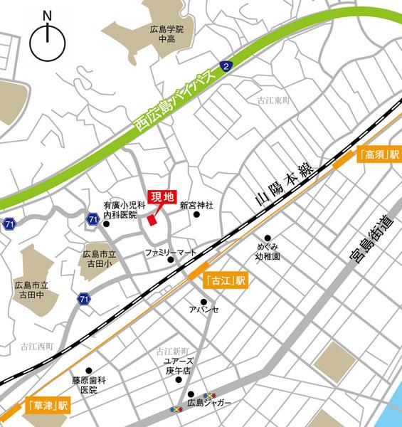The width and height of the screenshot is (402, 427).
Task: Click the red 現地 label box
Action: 162,197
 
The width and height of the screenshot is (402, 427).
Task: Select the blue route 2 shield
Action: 226,66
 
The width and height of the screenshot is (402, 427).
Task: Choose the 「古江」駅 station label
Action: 225,280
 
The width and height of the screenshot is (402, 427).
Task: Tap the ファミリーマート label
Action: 170,252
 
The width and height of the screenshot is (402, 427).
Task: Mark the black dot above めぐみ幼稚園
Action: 268,238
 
